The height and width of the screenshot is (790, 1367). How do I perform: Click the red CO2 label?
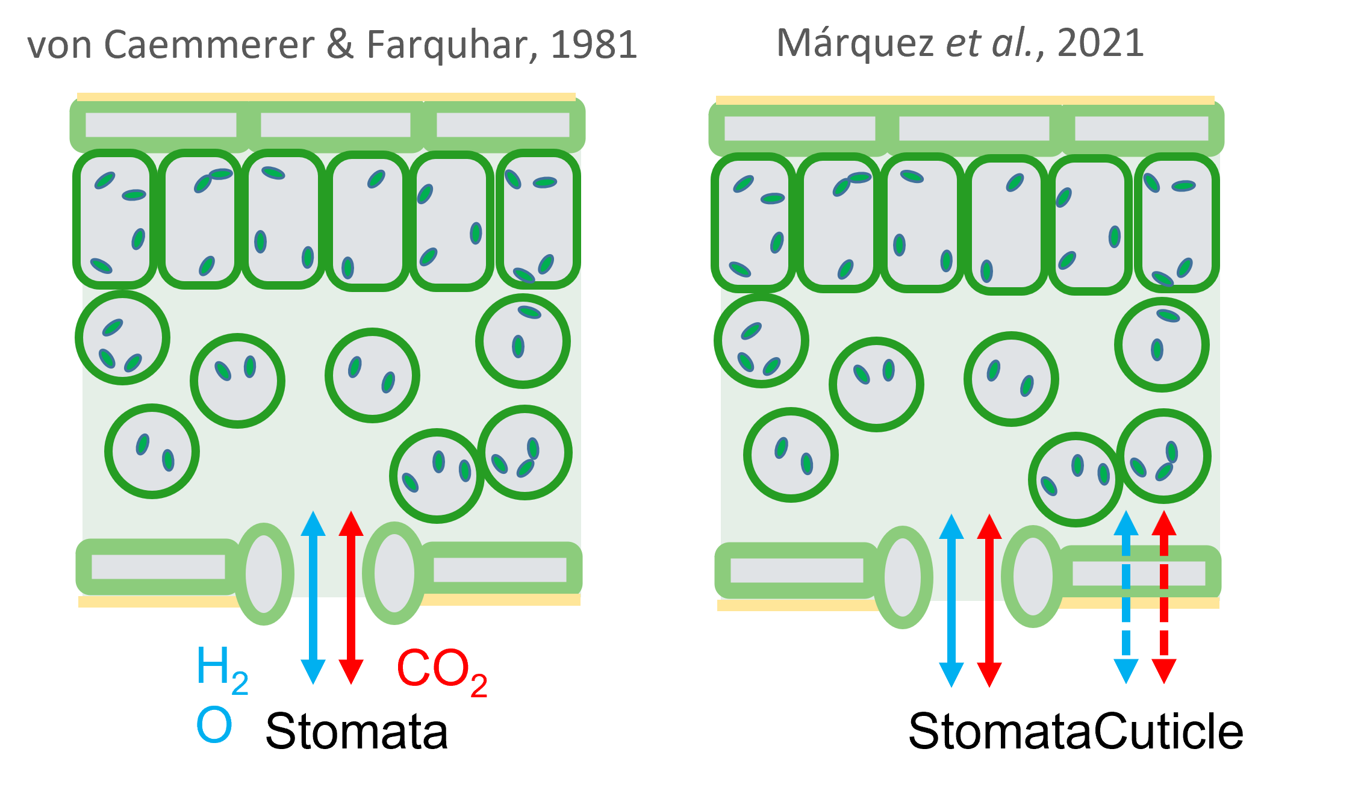tap(441, 670)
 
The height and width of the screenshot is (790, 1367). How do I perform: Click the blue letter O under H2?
tap(214, 724)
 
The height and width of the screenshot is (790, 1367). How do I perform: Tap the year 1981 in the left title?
tap(594, 45)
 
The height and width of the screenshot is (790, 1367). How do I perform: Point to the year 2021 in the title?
tap(1100, 43)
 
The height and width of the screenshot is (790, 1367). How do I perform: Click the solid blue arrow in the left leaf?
tap(313, 597)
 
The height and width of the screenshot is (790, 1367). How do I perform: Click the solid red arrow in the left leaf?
tap(351, 597)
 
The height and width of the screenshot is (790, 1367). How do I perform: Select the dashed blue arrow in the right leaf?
tap(1126, 597)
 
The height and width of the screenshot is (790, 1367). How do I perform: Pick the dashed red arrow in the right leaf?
tap(1164, 597)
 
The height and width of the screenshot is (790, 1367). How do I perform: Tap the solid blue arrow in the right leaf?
tap(951, 600)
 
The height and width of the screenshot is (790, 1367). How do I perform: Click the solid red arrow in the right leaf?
tap(989, 600)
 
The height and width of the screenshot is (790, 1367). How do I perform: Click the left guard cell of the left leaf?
tap(264, 574)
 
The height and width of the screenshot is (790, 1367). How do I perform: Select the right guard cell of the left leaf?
tap(394, 573)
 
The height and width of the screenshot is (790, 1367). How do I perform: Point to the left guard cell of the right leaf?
tap(903, 577)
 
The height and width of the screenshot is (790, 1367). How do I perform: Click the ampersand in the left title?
tap(340, 45)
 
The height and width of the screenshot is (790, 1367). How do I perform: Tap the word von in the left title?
tap(59, 46)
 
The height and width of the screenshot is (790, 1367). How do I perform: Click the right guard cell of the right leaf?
tap(1033, 576)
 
